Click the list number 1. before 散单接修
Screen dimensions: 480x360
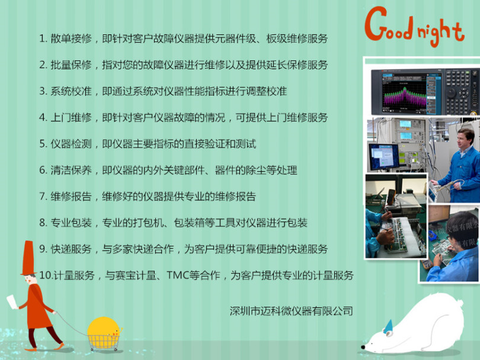pyautogui.click(x=43, y=38)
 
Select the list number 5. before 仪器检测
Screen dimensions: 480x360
pyautogui.click(x=43, y=144)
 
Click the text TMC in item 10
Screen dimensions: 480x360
pyautogui.click(x=178, y=275)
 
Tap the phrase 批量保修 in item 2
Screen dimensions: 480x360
pyautogui.click(x=71, y=65)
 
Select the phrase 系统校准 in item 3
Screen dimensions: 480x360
pyautogui.click(x=71, y=91)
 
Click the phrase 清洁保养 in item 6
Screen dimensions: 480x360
pyautogui.click(x=71, y=170)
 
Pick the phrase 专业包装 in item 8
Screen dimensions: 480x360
pyautogui.click(x=71, y=223)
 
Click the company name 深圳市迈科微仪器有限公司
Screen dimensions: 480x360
pyautogui.click(x=291, y=311)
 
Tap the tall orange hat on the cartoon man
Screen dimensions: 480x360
pyautogui.click(x=28, y=258)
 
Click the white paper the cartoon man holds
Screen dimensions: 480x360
pyautogui.click(x=12, y=301)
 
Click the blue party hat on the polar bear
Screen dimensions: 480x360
pyautogui.click(x=388, y=326)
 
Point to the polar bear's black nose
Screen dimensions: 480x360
pyautogui.click(x=363, y=347)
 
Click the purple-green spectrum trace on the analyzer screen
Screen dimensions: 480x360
pyautogui.click(x=405, y=97)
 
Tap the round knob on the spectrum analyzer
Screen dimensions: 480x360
pyautogui.click(x=453, y=94)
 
